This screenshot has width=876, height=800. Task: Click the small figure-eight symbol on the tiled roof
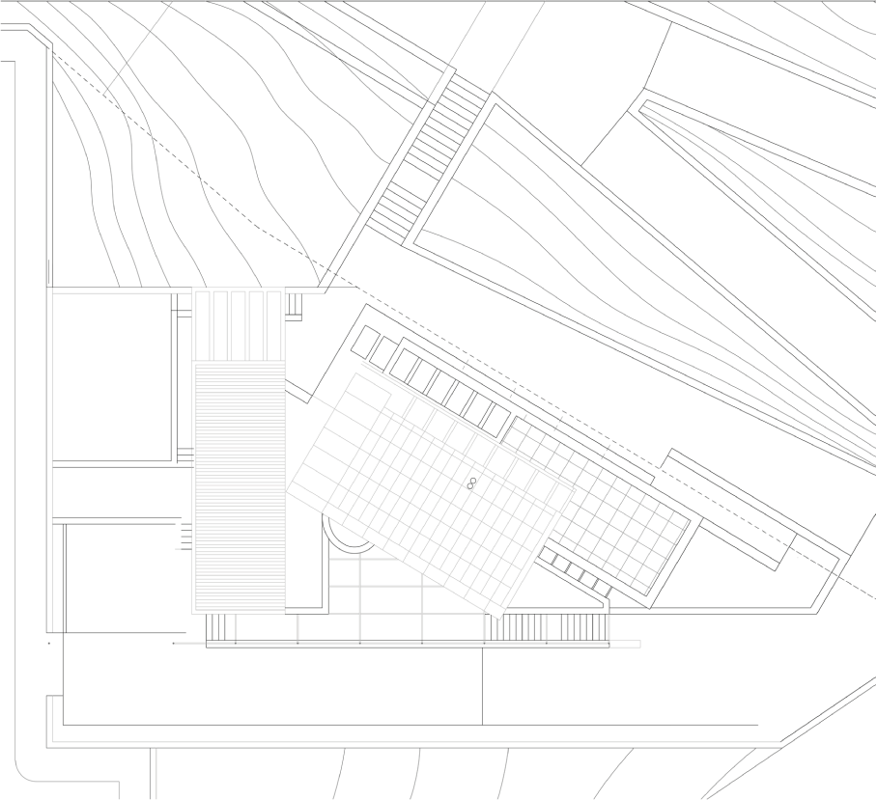coord(471,483)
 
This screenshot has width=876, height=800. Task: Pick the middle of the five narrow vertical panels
coord(239,325)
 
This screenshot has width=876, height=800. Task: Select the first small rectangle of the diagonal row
coord(366,341)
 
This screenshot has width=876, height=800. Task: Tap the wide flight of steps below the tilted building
coord(547,627)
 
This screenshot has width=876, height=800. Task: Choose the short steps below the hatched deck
coord(221,627)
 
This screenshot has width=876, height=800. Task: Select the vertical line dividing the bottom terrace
coord(482,685)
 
